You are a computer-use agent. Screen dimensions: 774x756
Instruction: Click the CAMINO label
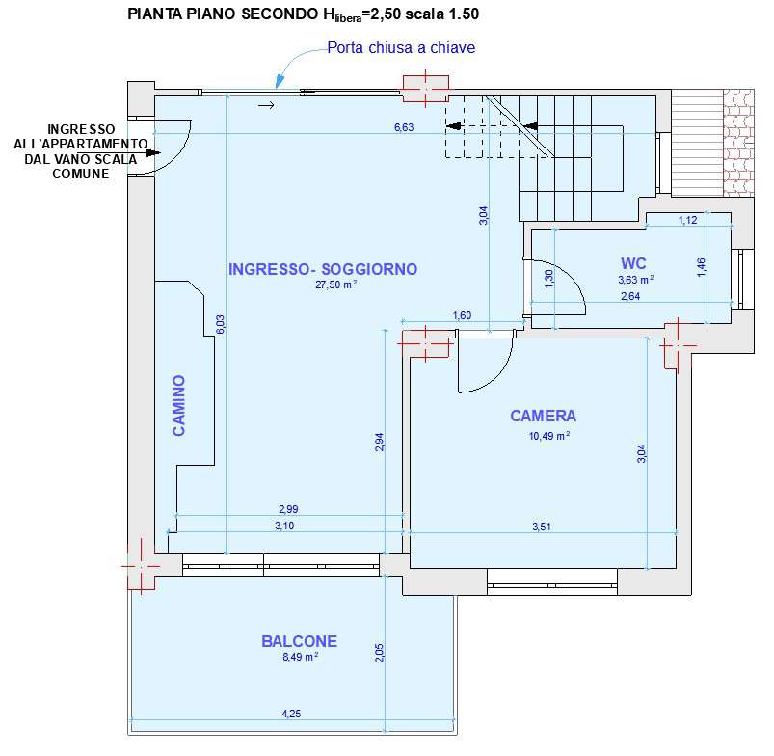pos(178,405)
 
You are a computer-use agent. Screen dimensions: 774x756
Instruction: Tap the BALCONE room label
pos(299,641)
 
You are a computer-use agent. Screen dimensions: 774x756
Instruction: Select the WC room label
pos(633,263)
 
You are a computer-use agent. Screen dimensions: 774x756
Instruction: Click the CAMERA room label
pos(543,416)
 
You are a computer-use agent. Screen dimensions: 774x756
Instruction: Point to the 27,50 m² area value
pos(335,284)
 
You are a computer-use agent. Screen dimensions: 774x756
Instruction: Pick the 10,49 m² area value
pos(549,436)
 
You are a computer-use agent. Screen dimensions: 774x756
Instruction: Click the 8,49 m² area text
pos(300,657)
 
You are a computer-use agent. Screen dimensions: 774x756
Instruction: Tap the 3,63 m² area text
pos(636,280)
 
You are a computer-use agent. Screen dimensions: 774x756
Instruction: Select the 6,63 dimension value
pos(404,127)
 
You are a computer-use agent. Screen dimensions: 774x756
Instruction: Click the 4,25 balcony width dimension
pos(291,714)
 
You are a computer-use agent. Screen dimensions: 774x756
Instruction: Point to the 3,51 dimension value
pos(542,526)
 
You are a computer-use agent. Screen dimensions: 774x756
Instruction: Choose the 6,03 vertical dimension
pos(221,324)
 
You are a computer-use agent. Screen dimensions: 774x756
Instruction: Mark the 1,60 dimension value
pos(462,315)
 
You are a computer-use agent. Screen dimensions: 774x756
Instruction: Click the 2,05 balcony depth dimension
pos(379,653)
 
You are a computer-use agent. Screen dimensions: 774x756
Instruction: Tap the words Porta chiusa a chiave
pos(401,47)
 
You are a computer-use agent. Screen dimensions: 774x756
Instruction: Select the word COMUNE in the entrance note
pos(81,174)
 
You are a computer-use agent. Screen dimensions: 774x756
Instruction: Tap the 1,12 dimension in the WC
pos(687,220)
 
